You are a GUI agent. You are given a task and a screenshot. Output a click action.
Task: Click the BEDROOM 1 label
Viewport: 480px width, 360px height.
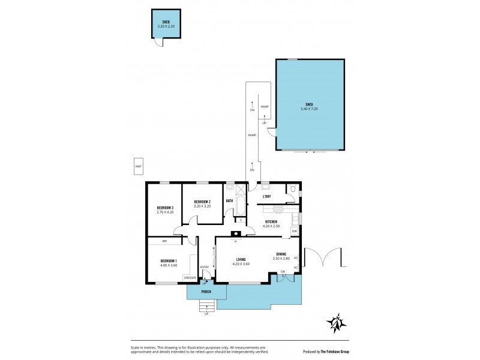tap(169, 260)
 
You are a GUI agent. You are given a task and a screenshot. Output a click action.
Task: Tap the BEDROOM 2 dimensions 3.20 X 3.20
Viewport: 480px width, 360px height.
tap(202, 206)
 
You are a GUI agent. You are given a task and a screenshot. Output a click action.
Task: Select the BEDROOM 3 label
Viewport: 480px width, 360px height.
tap(164, 208)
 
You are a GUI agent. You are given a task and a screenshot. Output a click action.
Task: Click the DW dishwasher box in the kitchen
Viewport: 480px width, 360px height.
tap(295, 231)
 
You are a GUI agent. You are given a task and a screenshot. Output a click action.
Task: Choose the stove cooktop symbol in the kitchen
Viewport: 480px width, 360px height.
tap(278, 208)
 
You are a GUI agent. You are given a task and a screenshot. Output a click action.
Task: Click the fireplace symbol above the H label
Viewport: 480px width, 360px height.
tap(235, 235)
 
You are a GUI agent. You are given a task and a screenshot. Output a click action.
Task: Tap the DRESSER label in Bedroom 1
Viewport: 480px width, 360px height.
tap(190, 278)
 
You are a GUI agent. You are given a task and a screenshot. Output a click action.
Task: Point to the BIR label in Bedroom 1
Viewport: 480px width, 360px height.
tap(164, 241)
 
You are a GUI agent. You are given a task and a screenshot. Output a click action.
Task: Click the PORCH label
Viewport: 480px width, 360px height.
tap(206, 292)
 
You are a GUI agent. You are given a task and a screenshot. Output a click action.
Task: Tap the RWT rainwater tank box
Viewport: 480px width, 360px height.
tap(138, 166)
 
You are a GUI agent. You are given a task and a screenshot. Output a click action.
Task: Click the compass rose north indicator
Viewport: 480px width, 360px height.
tap(336, 323)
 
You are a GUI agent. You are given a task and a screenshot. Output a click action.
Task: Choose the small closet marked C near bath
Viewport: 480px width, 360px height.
tap(240, 220)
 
